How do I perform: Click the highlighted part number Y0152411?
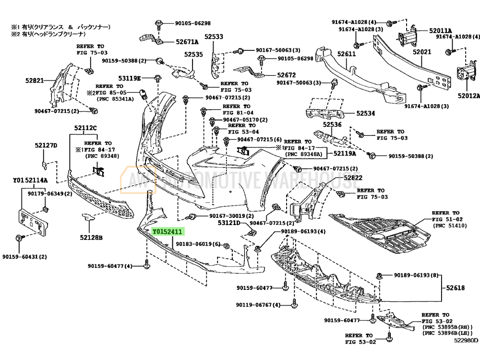(x=167, y=232)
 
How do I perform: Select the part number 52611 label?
(x=346, y=54)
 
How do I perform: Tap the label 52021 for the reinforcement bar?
(x=422, y=51)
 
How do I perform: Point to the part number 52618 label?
(x=455, y=288)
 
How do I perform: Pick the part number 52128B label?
(x=92, y=237)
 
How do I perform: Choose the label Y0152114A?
(x=30, y=180)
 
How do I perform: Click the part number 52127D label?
(x=46, y=145)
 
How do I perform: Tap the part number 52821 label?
(x=35, y=81)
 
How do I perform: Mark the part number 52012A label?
(x=468, y=96)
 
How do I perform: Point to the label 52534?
(x=366, y=114)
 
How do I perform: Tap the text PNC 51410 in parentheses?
(x=453, y=225)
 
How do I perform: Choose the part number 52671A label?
(x=187, y=42)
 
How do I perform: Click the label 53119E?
(x=130, y=78)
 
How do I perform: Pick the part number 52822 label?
(x=352, y=178)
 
